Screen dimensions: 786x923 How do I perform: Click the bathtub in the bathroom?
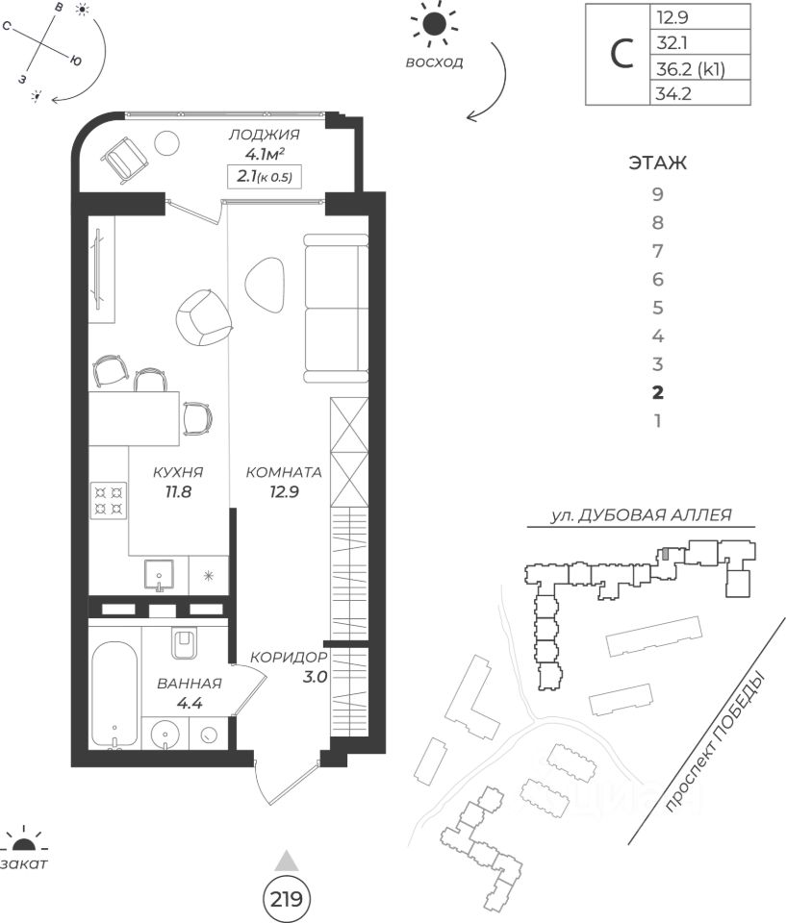tap(115, 692)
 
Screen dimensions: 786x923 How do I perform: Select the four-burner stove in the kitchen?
tap(109, 499)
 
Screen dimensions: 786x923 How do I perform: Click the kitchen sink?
tap(159, 574)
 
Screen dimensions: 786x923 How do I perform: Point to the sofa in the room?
tap(335, 307)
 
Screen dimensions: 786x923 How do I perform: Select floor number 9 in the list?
tap(659, 194)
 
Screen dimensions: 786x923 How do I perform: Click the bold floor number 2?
tap(658, 392)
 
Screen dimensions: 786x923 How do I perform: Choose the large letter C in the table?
tap(622, 55)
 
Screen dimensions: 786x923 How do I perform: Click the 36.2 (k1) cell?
tap(688, 68)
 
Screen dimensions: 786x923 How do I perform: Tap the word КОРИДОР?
tap(290, 657)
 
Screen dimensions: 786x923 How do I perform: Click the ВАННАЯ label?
tap(189, 685)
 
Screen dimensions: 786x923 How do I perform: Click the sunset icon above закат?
tap(24, 843)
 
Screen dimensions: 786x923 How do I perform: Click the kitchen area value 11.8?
tap(177, 490)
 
